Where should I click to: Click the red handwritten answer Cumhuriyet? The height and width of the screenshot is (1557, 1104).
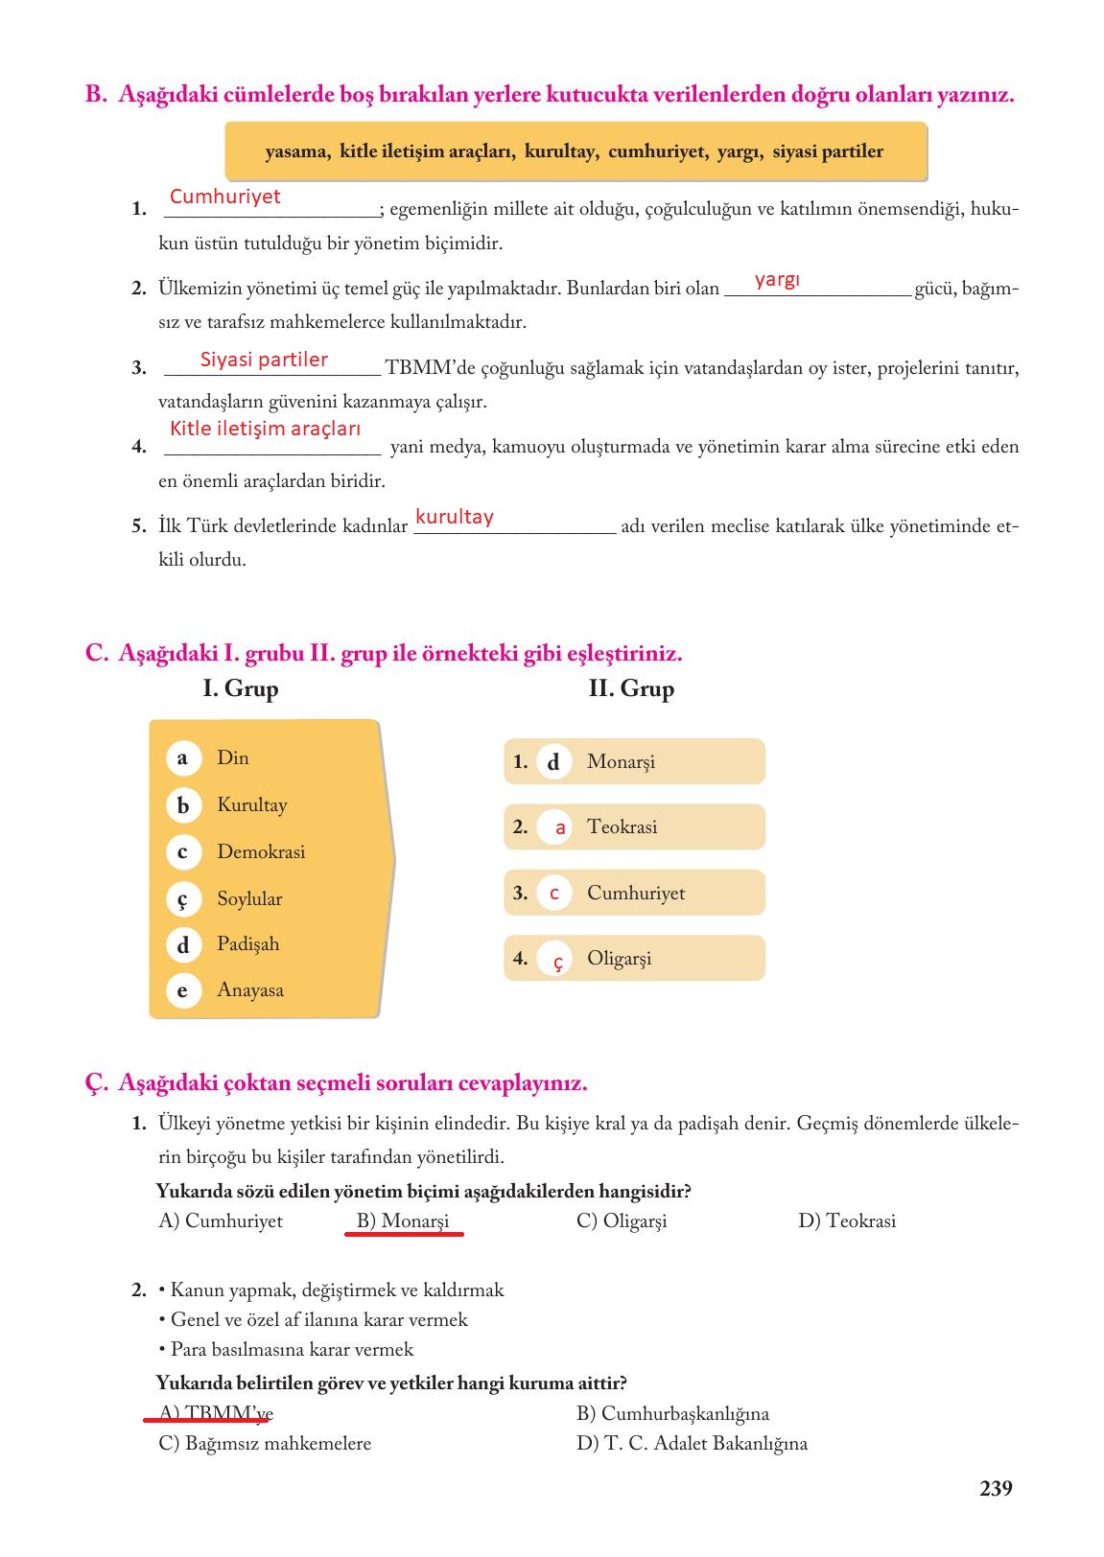pyautogui.click(x=224, y=197)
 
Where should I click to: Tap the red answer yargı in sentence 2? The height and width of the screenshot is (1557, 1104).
pyautogui.click(x=776, y=280)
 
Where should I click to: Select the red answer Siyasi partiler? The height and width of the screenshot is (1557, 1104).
pyautogui.click(x=264, y=360)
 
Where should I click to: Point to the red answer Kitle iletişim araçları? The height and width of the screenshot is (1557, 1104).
pyautogui.click(x=265, y=429)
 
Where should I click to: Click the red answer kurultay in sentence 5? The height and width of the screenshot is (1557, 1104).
pyautogui.click(x=454, y=517)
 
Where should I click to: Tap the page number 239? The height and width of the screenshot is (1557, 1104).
pyautogui.click(x=996, y=1488)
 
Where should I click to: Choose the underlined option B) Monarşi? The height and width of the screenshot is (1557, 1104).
pyautogui.click(x=403, y=1221)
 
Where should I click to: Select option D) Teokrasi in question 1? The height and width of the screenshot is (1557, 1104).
pyautogui.click(x=847, y=1221)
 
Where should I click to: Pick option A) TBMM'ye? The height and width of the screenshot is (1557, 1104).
pyautogui.click(x=216, y=1413)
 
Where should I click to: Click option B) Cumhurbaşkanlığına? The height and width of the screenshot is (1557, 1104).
pyautogui.click(x=672, y=1413)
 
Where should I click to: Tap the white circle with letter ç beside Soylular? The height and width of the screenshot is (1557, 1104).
pyautogui.click(x=182, y=899)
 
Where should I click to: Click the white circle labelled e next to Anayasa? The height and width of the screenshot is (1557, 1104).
pyautogui.click(x=182, y=990)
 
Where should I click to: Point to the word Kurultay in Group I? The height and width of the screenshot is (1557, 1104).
pyautogui.click(x=251, y=805)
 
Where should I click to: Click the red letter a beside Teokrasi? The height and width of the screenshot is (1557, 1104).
pyautogui.click(x=560, y=827)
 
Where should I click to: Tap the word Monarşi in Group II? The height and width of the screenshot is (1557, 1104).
pyautogui.click(x=621, y=762)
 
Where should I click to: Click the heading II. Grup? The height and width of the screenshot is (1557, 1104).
pyautogui.click(x=631, y=688)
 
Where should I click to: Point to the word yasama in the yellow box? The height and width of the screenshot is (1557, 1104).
pyautogui.click(x=295, y=151)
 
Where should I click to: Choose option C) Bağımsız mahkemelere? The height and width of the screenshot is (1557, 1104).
pyautogui.click(x=265, y=1443)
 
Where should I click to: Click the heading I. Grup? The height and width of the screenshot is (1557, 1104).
pyautogui.click(x=241, y=688)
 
